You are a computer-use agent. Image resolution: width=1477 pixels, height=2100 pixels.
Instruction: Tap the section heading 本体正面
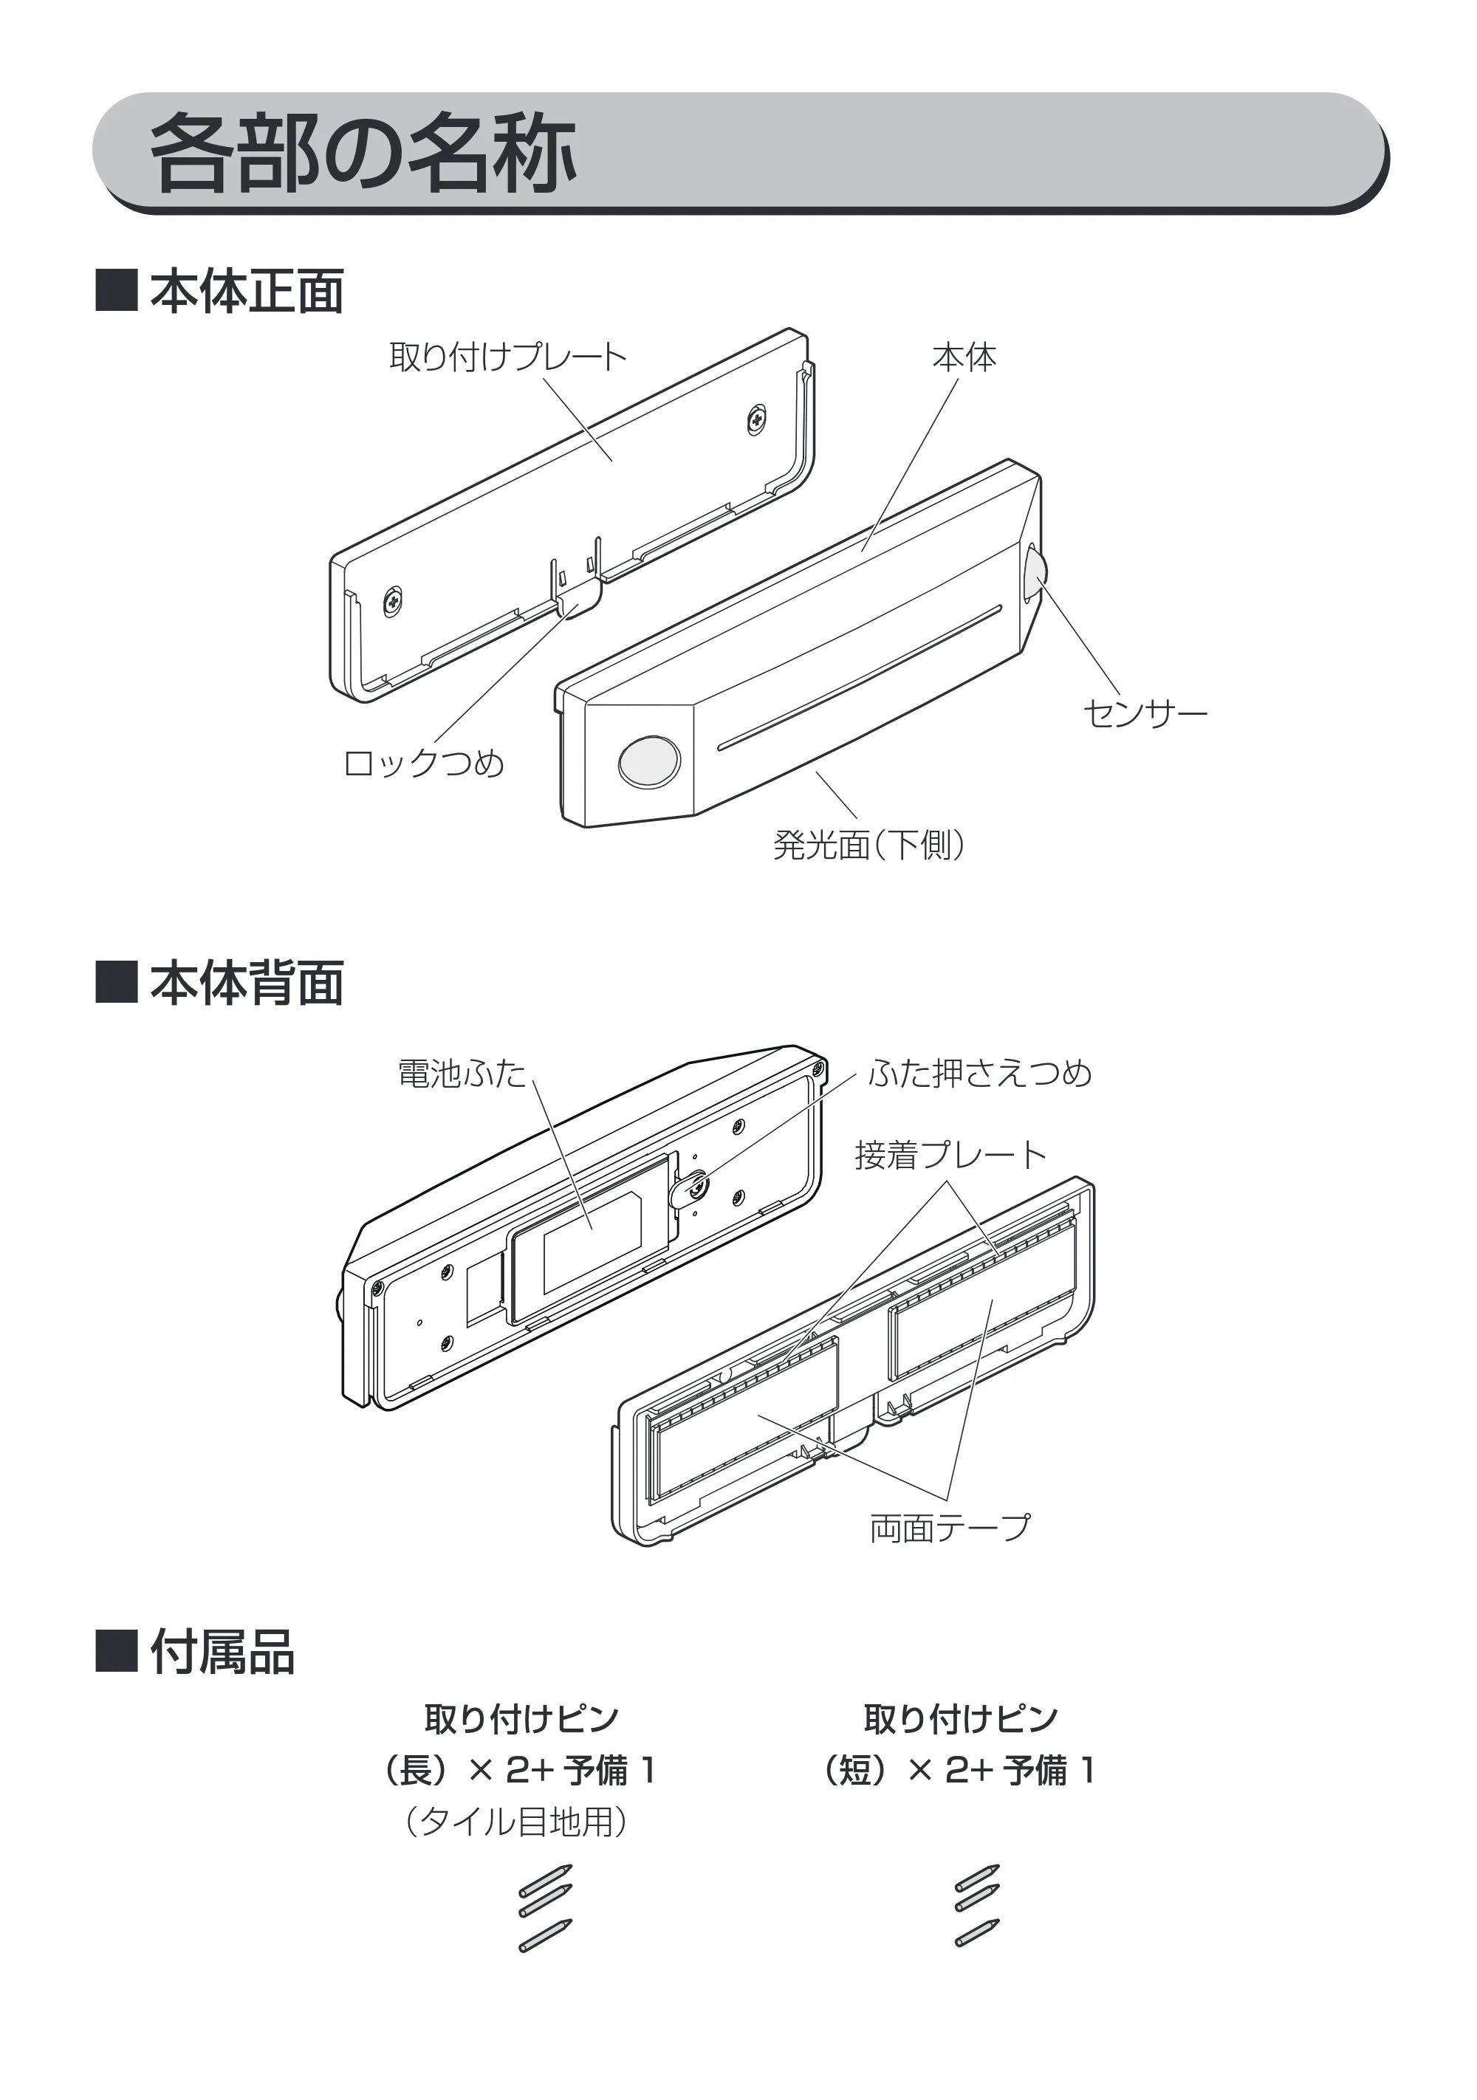click(x=247, y=292)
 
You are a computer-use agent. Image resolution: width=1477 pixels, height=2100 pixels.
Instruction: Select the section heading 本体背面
click(x=247, y=984)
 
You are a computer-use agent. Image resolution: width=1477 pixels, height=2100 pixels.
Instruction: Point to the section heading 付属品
click(x=222, y=1652)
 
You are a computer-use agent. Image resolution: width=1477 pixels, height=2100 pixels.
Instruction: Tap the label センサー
click(x=1145, y=713)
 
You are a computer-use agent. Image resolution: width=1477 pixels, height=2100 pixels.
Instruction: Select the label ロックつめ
click(x=423, y=763)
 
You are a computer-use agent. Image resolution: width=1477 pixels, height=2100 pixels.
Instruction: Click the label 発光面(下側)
click(x=868, y=844)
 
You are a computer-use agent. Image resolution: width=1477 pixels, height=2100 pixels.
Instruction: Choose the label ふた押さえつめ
click(x=979, y=1073)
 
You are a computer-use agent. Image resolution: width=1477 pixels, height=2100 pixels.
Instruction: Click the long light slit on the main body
click(x=859, y=678)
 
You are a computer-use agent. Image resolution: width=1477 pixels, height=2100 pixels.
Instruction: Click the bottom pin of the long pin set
click(x=545, y=1935)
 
